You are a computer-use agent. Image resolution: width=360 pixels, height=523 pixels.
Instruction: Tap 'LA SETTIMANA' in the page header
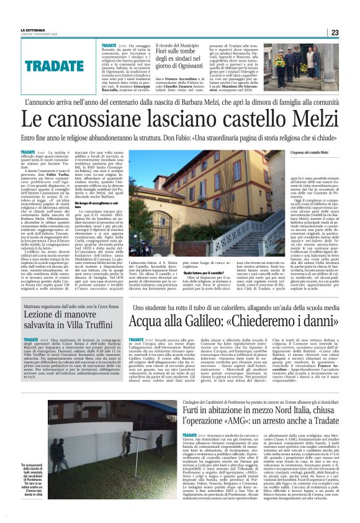point(23,30)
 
